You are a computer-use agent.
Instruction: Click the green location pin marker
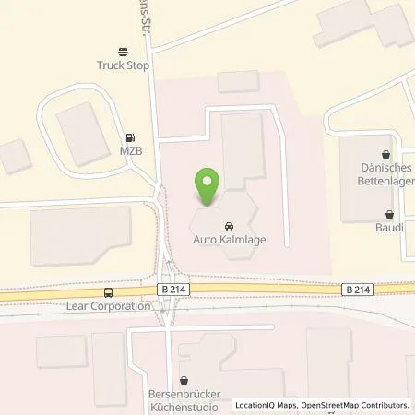click(x=208, y=187)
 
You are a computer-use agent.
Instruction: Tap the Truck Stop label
click(x=123, y=65)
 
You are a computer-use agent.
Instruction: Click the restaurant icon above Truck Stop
click(x=123, y=52)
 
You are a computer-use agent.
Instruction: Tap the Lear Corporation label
click(x=108, y=305)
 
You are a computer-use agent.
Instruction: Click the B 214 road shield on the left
click(x=171, y=290)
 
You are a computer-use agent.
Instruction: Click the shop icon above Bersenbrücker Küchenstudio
click(x=184, y=379)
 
